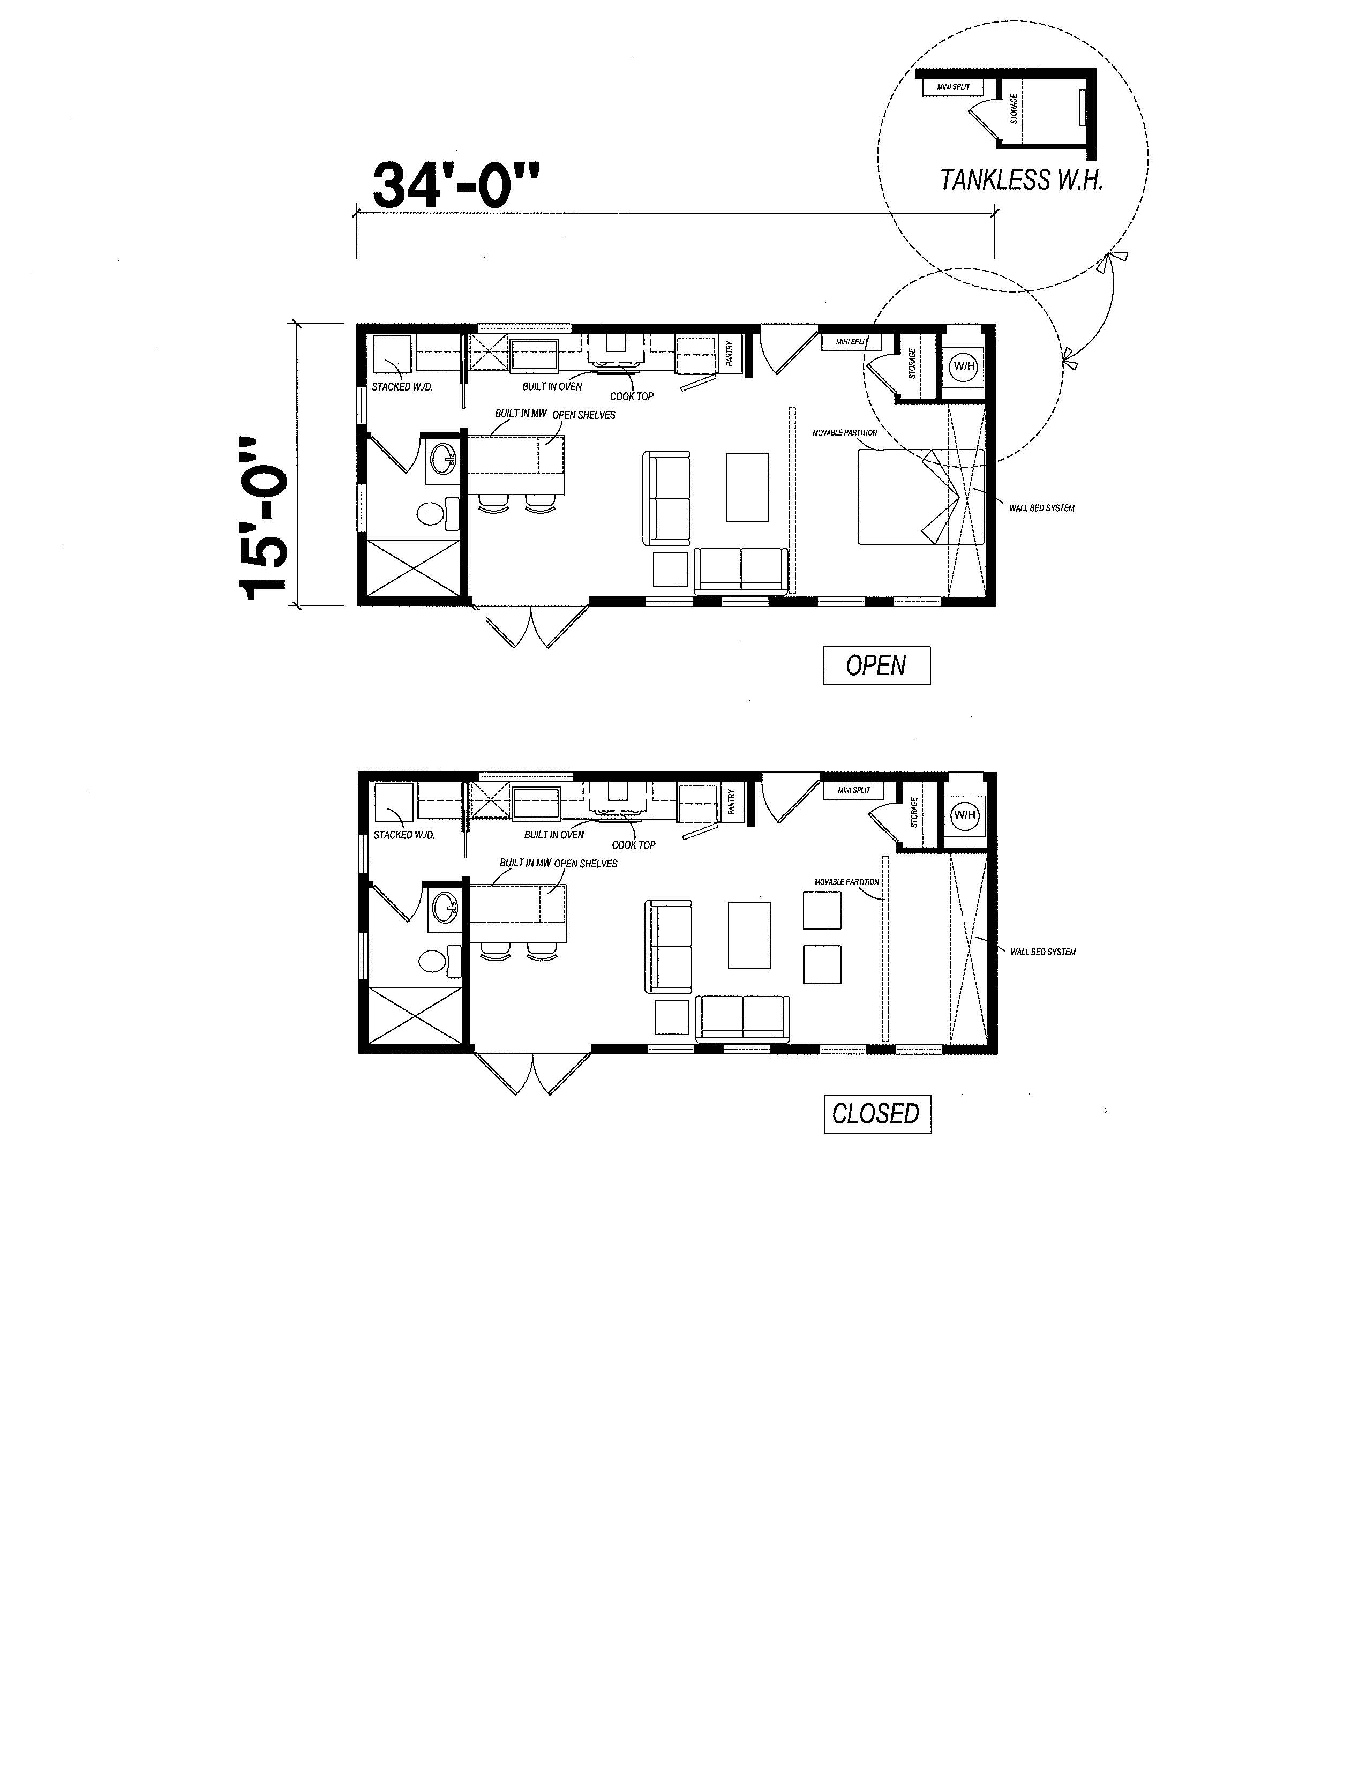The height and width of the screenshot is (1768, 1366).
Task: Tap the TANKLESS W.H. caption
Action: tap(1021, 179)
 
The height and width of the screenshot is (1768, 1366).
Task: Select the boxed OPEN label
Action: tap(876, 665)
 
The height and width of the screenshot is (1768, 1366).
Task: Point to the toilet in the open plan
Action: tap(437, 512)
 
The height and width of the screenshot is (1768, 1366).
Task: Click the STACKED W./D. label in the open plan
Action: tap(402, 387)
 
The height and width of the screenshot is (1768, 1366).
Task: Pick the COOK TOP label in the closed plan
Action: tap(634, 845)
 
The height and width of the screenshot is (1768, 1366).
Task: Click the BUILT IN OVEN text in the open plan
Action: tap(552, 387)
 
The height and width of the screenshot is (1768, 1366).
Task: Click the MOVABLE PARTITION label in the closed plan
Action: tap(846, 881)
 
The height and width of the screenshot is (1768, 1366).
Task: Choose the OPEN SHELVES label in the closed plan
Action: tap(586, 864)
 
